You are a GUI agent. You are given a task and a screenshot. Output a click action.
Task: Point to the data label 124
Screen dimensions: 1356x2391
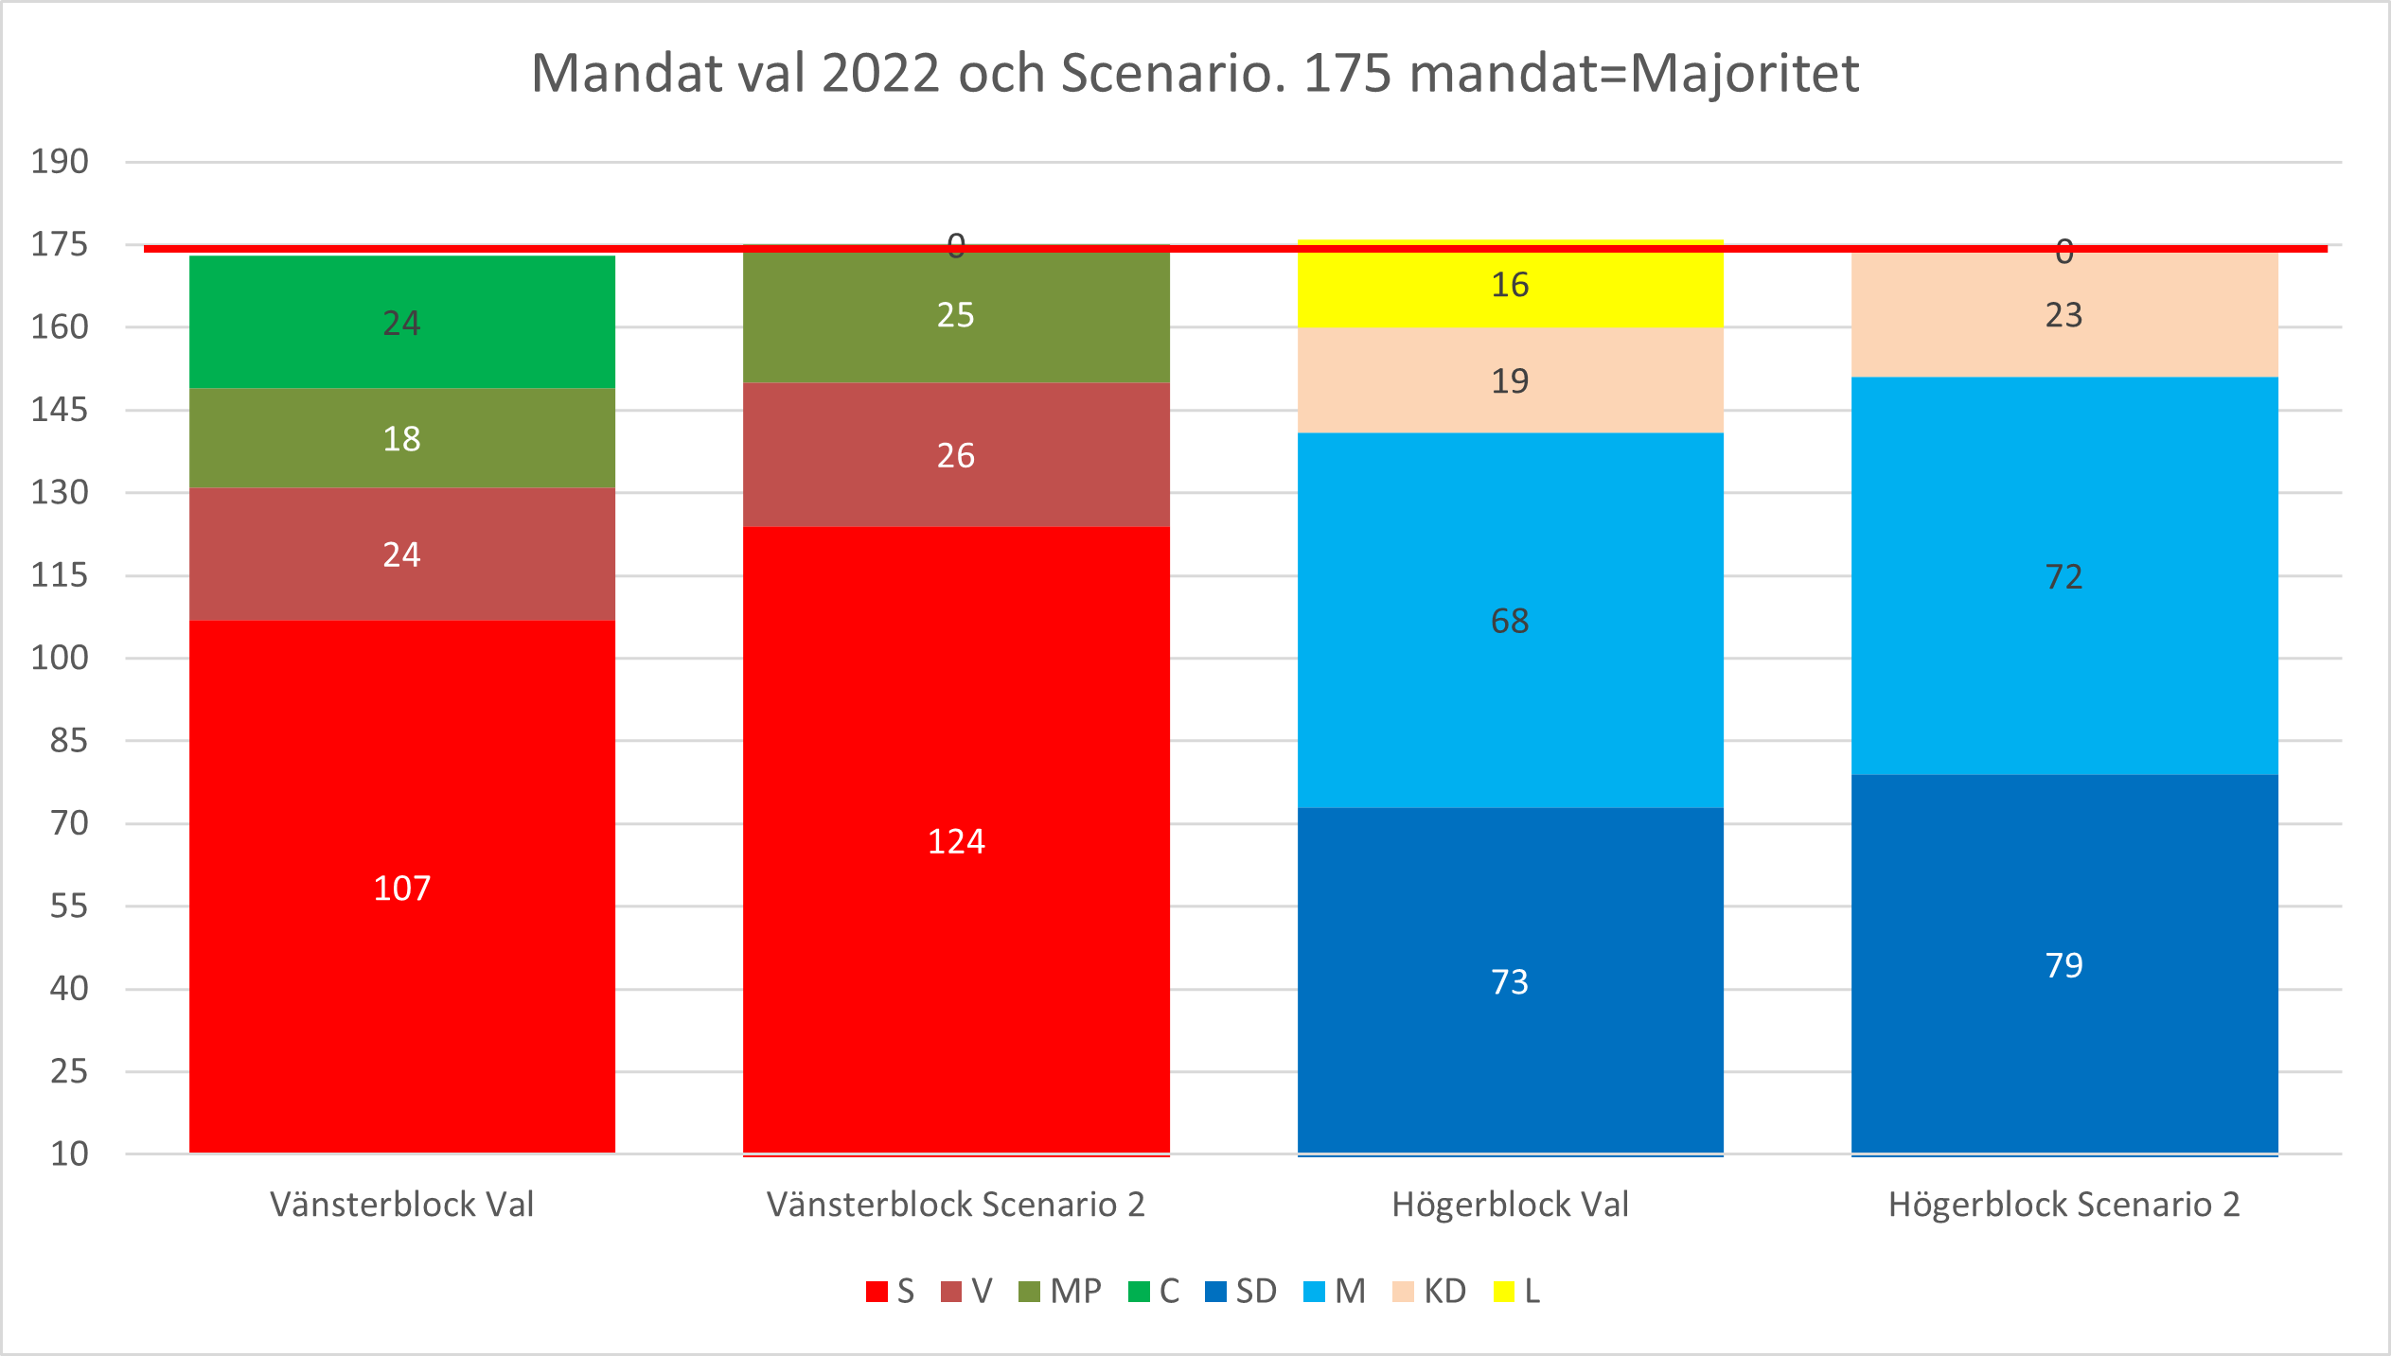coord(956,841)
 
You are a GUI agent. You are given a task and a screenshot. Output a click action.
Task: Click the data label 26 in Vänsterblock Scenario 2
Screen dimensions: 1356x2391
coord(956,456)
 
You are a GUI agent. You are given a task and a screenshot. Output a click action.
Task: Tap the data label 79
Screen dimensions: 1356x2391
coord(2063,965)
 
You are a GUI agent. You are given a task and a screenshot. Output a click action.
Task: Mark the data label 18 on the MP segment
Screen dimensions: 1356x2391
coord(402,439)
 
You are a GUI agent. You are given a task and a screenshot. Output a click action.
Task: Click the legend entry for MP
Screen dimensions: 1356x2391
coord(1061,1292)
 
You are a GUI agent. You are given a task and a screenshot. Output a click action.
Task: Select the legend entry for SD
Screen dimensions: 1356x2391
coord(1242,1292)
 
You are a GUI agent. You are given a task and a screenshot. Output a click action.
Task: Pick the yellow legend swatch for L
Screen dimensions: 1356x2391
coord(1503,1292)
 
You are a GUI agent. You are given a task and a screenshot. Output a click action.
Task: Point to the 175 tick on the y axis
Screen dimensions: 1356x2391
coord(60,245)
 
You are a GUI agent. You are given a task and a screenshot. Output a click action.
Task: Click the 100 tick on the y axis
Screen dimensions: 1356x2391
coord(60,658)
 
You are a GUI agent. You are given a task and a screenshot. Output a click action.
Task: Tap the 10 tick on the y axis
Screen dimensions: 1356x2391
coord(69,1153)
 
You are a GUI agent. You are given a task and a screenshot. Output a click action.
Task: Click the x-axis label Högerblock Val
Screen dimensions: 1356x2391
coord(1510,1205)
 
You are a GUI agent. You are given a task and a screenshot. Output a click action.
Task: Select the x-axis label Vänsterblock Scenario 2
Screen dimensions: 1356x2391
coord(956,1205)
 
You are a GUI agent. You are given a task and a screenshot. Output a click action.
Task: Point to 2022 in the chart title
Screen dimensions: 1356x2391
coord(880,74)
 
